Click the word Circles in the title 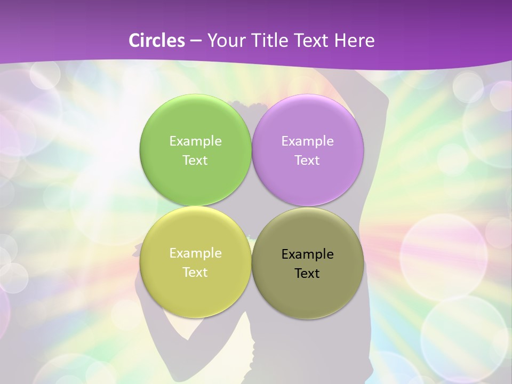(156, 41)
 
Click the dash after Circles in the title (196, 41)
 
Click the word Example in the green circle (195, 141)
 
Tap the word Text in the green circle (195, 161)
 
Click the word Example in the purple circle (308, 141)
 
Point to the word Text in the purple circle (308, 161)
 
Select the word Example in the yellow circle (195, 253)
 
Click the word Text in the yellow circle (195, 273)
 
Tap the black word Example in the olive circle (308, 254)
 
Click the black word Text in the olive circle (308, 274)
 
